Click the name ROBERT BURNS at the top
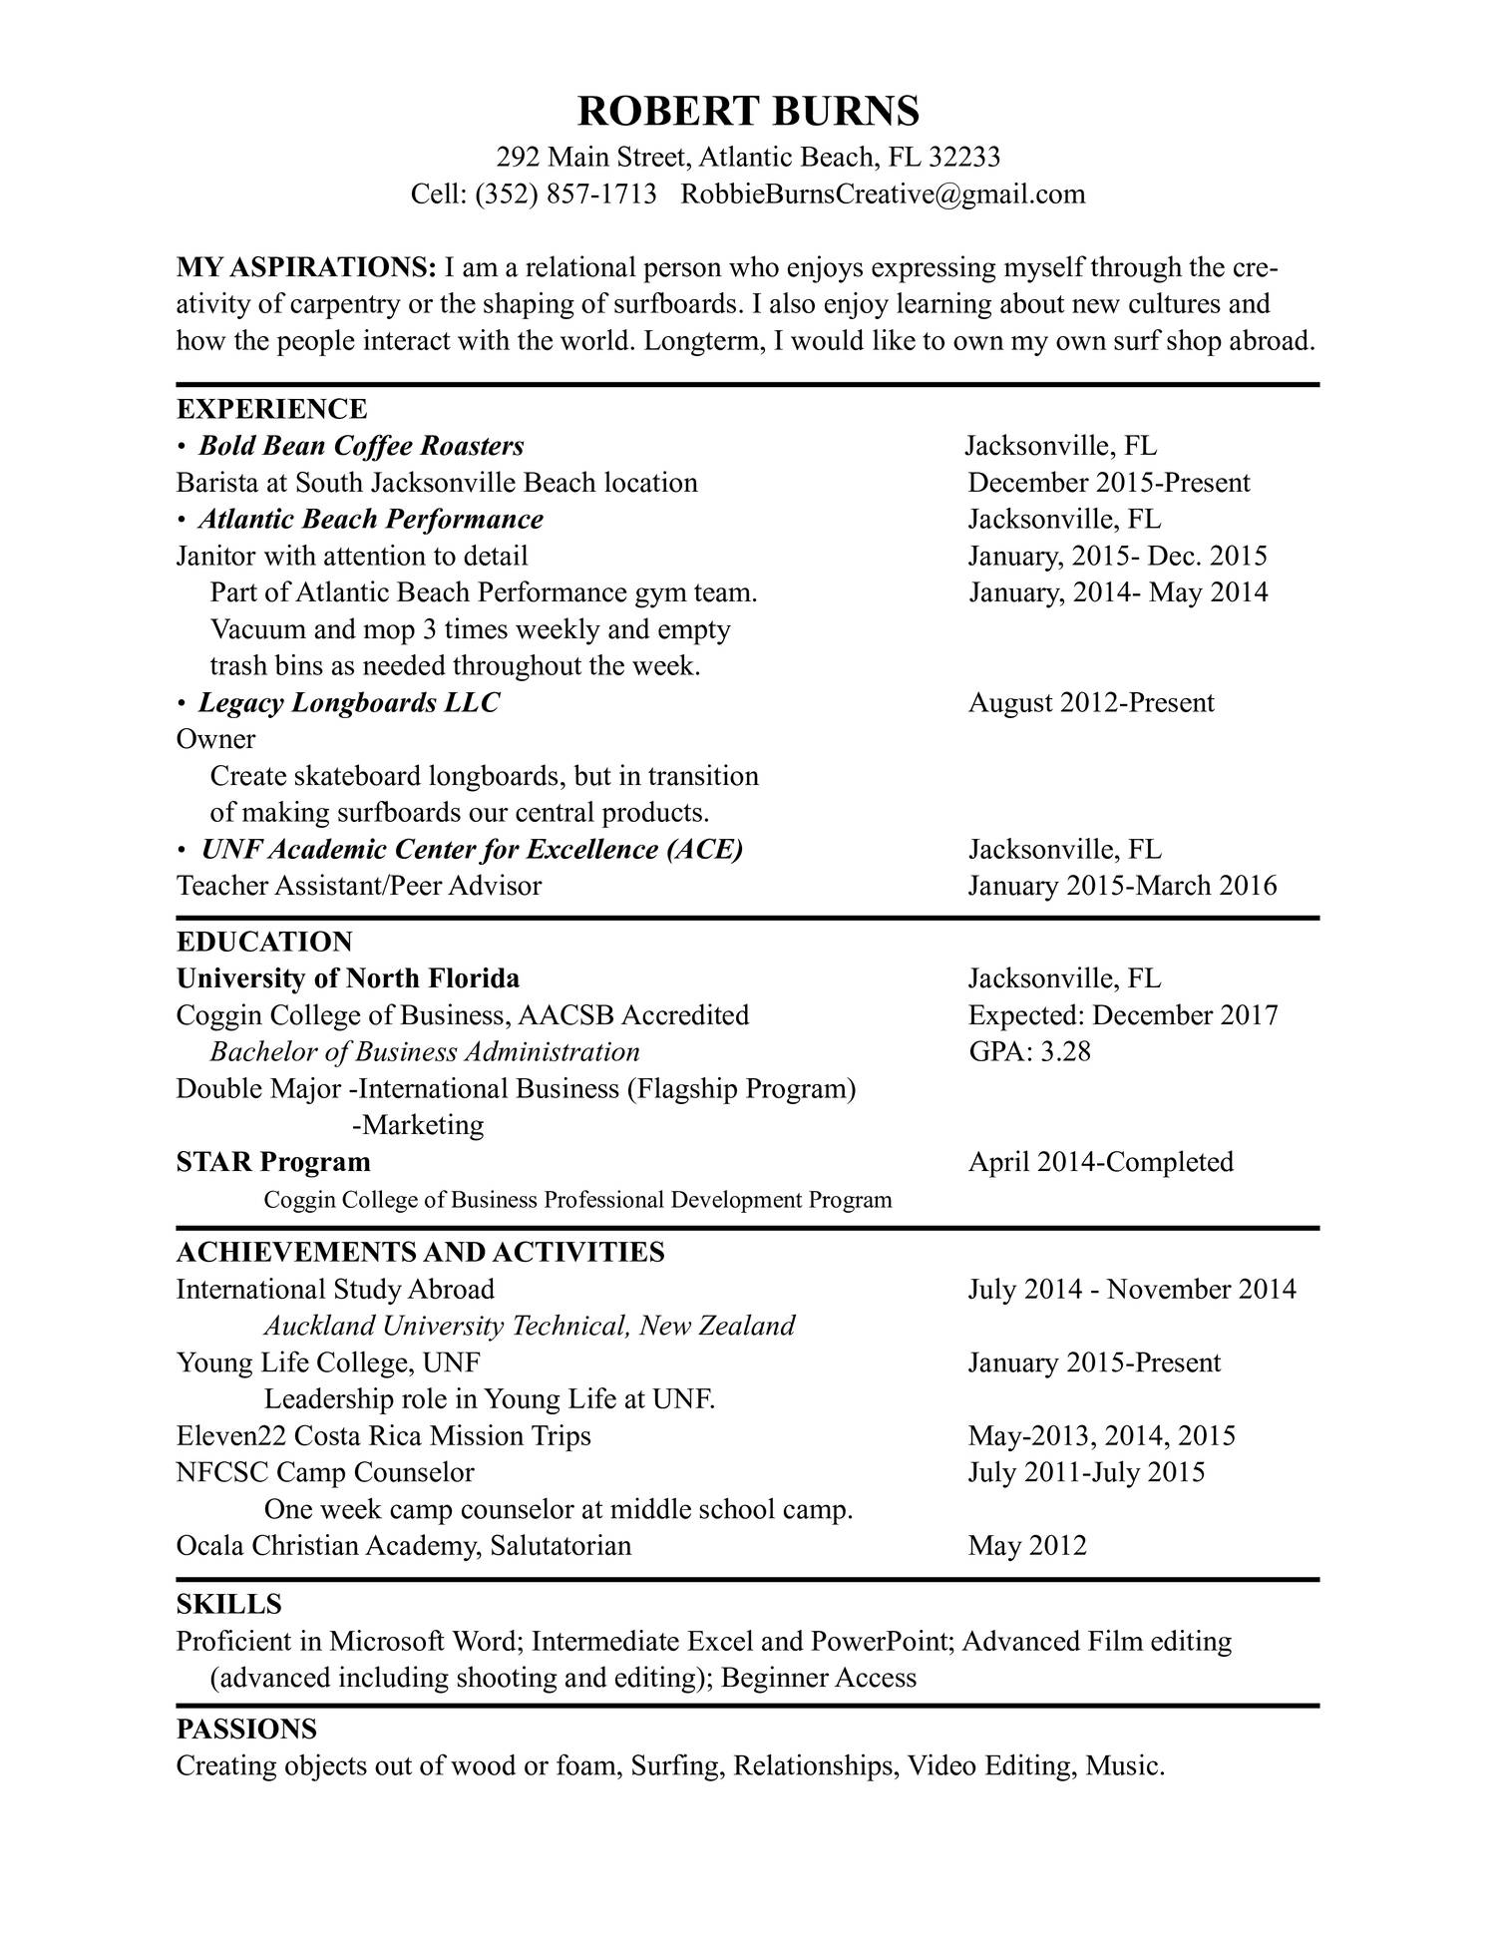[748, 111]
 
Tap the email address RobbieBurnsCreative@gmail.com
[883, 194]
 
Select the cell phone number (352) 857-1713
[565, 194]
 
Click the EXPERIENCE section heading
[271, 409]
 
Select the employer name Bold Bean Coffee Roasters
[361, 446]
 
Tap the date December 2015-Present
[1108, 483]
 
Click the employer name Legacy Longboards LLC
[349, 702]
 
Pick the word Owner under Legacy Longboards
[215, 739]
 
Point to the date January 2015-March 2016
[1122, 886]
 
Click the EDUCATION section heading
[264, 942]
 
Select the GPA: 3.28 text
[1029, 1051]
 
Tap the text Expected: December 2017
[1123, 1015]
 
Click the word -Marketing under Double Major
[418, 1125]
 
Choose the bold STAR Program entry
[273, 1162]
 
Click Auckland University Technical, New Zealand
[530, 1326]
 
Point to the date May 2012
[1027, 1546]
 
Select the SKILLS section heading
[228, 1604]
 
